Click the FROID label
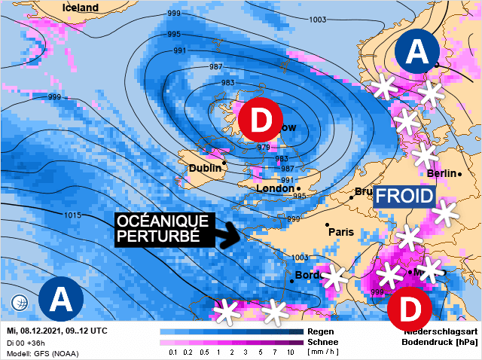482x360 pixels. pos(405,197)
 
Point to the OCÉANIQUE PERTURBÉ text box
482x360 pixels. pos(163,228)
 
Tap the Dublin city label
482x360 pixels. pos(205,168)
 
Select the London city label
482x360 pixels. pos(274,188)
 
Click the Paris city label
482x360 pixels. pos(340,232)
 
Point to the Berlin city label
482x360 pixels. pos(441,174)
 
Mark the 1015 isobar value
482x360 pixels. pos(72,215)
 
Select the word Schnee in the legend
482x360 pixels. pos(322,341)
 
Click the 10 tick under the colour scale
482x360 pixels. pos(290,352)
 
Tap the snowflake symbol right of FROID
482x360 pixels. pos(444,213)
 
